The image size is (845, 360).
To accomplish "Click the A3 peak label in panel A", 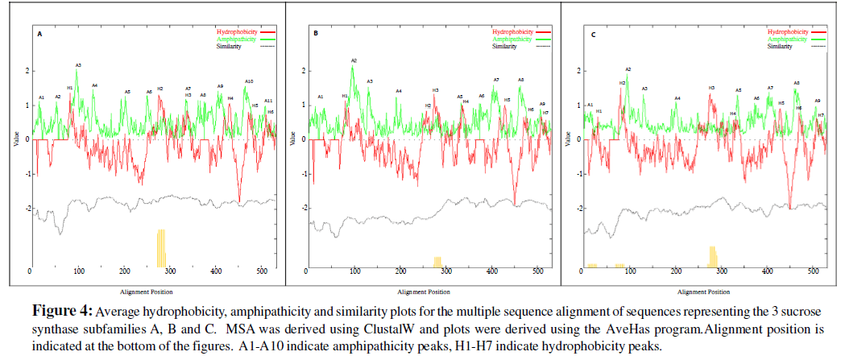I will (78, 64).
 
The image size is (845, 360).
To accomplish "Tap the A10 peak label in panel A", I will (249, 81).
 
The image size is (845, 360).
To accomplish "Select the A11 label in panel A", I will (268, 101).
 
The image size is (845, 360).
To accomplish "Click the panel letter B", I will (316, 34).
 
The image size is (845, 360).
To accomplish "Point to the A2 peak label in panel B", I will (354, 60).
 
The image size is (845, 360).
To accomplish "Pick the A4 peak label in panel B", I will (398, 91).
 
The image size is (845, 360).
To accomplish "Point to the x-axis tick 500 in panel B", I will (537, 272).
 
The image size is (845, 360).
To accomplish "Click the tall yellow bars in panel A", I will (161, 247).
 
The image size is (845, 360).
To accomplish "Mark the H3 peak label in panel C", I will (711, 88).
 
